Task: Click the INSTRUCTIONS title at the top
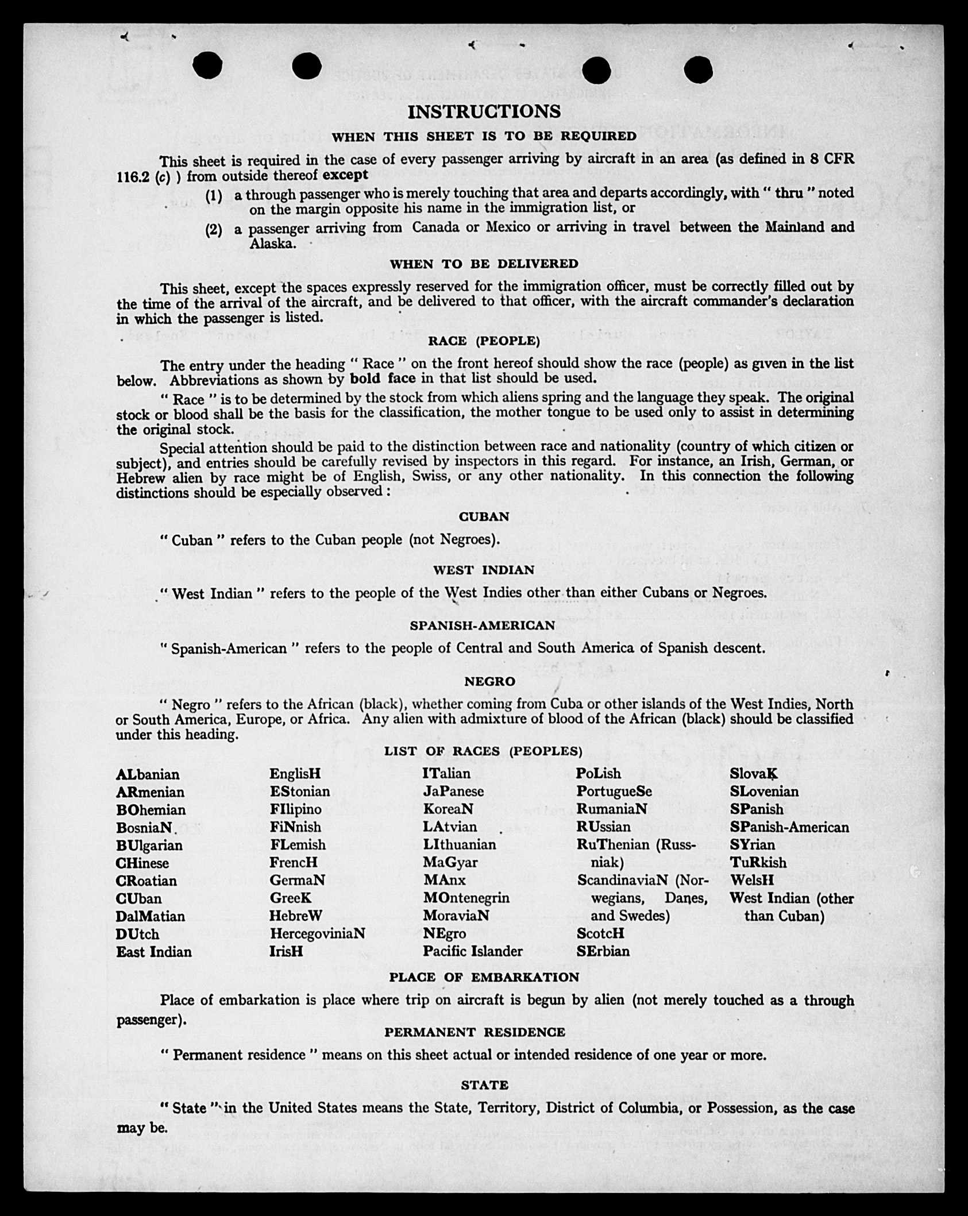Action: (484, 111)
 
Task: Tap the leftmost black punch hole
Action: (207, 66)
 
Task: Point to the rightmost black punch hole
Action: (699, 70)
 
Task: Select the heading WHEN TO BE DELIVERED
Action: (484, 264)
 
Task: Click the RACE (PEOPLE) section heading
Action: (484, 341)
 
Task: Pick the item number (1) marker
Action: (214, 195)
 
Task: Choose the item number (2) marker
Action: (214, 230)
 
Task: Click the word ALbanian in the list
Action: (148, 774)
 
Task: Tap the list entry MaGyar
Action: (450, 862)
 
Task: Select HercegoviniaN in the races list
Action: (317, 933)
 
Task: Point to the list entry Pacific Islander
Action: (473, 951)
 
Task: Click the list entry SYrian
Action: (752, 844)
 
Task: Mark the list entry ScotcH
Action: (600, 933)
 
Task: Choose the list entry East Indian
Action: (154, 952)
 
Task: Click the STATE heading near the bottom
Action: (484, 1085)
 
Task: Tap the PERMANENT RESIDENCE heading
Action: (475, 1032)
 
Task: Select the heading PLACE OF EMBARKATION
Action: (484, 977)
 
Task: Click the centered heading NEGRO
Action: (489, 681)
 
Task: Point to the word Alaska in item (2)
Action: (272, 244)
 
